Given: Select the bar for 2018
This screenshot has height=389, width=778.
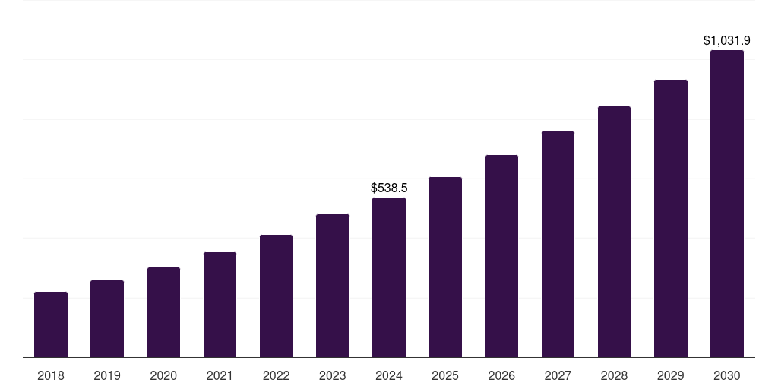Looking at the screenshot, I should click(51, 324).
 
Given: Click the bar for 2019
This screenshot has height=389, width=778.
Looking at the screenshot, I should click(107, 319).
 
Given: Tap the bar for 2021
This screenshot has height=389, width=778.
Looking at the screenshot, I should click(220, 305).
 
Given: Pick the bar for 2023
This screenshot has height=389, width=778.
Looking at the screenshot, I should click(333, 286).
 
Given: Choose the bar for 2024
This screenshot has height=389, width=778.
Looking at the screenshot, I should click(389, 277).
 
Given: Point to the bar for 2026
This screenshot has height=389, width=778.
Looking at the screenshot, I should click(501, 256).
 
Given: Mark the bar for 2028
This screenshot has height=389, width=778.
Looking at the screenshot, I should click(614, 232).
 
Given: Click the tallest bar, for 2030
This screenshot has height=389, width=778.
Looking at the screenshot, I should click(727, 204).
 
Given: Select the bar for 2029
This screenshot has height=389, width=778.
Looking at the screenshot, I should click(671, 218).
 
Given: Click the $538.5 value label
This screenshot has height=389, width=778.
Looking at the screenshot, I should click(389, 187).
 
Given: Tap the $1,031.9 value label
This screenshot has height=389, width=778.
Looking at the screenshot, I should click(727, 40).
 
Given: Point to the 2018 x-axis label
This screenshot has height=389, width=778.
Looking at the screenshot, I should click(51, 375).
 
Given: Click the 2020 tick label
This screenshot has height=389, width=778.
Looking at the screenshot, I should click(163, 375).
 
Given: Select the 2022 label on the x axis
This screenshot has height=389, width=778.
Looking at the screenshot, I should click(276, 375).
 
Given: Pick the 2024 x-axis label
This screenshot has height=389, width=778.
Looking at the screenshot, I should click(389, 375).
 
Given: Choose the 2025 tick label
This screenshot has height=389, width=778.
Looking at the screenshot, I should click(445, 375).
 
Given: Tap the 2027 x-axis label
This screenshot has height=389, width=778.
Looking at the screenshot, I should click(558, 375).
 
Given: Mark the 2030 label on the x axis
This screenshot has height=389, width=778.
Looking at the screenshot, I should click(727, 375).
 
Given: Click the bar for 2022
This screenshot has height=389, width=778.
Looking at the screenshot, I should click(276, 296).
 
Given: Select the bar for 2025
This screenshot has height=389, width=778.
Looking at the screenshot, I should click(445, 267).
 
